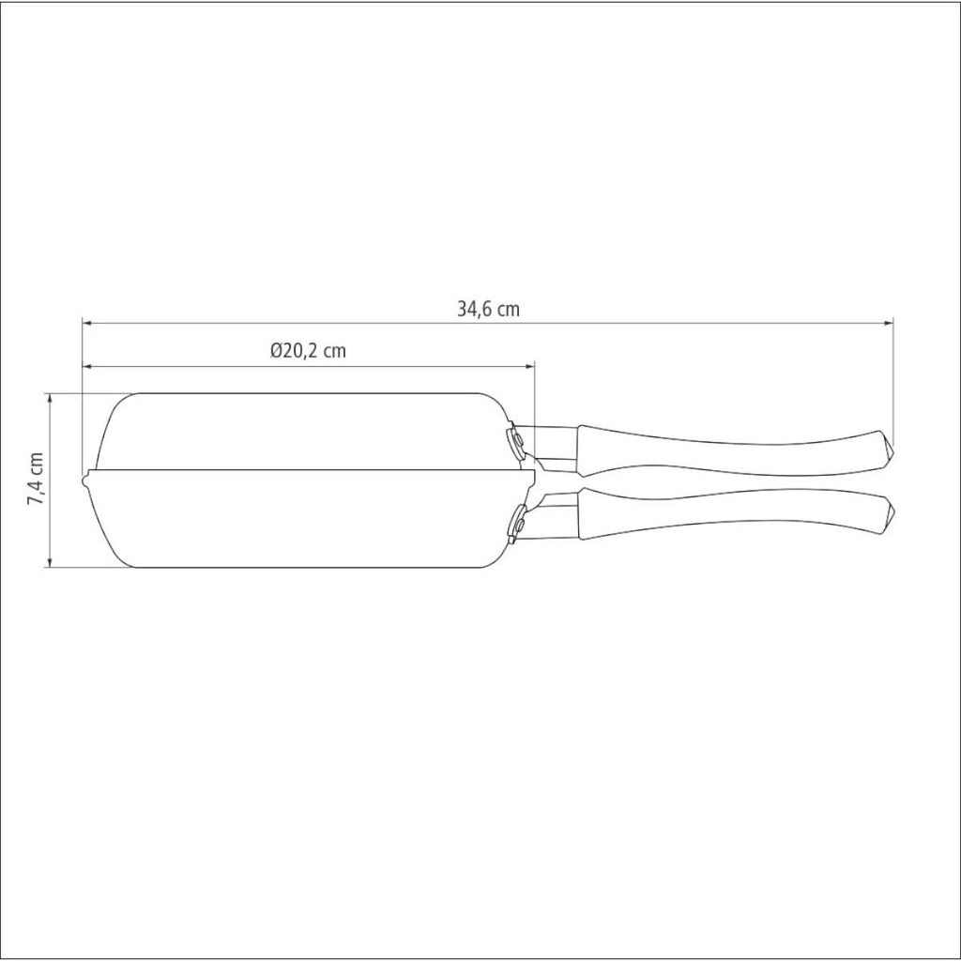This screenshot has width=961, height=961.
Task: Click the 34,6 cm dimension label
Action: coord(488,308)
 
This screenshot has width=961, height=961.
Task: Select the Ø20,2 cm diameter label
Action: coord(308,351)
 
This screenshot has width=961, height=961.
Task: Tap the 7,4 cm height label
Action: coord(35,479)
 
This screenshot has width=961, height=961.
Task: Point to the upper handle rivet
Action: coord(518,440)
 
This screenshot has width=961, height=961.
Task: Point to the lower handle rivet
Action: coord(520,525)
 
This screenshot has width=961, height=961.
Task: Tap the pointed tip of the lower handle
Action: coord(892,511)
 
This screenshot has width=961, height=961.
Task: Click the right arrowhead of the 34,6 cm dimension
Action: coord(888,322)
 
